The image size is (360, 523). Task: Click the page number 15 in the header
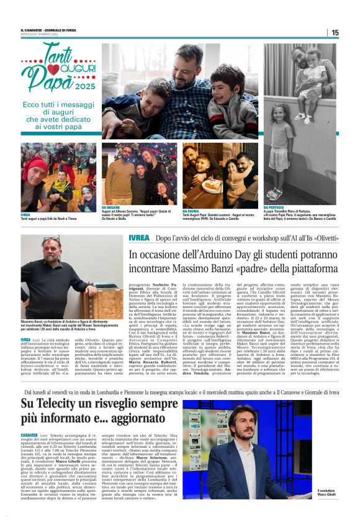(x=352, y=32)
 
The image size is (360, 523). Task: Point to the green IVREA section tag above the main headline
(x=138, y=239)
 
